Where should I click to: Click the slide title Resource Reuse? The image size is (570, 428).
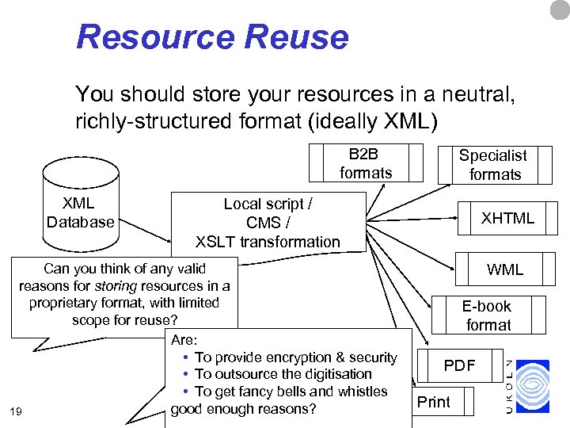click(x=212, y=37)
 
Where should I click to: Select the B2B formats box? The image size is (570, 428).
click(x=365, y=162)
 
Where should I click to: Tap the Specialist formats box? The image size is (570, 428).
click(x=494, y=165)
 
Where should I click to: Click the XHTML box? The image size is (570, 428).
click(x=507, y=218)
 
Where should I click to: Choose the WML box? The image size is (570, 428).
click(x=504, y=269)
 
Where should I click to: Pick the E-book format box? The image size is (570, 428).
click(x=488, y=315)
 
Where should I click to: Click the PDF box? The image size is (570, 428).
click(x=459, y=365)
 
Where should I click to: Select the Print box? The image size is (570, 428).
click(x=434, y=402)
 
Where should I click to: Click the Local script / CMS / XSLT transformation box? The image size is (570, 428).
click(x=268, y=223)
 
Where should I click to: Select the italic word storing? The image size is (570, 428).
click(x=116, y=286)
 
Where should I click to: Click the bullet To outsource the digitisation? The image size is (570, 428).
click(x=283, y=374)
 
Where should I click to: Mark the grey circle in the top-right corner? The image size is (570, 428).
click(x=560, y=10)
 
